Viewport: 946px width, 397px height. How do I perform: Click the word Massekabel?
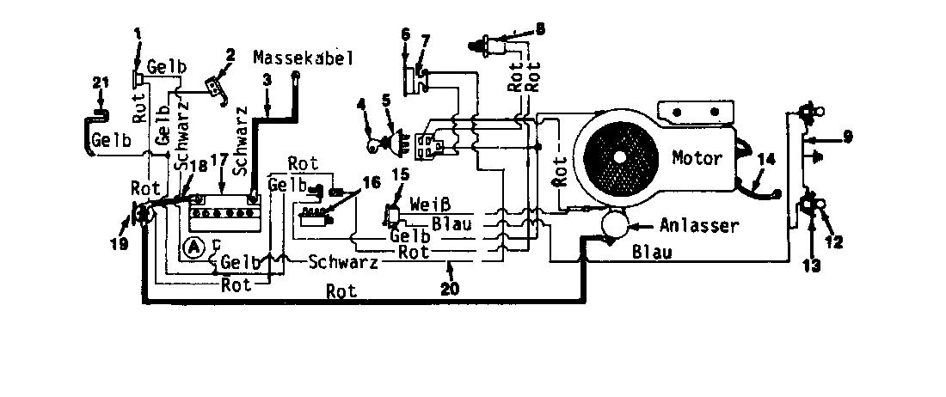303,58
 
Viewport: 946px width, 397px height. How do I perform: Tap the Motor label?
697,158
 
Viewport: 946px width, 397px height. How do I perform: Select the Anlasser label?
698,226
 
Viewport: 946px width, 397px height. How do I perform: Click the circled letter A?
193,247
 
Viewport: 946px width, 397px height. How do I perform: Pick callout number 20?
450,290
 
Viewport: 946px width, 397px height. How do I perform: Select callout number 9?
848,137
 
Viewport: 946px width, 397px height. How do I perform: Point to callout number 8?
539,28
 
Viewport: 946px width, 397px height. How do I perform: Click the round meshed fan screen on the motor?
619,156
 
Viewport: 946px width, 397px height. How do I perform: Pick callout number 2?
230,56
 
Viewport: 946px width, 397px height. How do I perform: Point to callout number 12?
835,241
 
